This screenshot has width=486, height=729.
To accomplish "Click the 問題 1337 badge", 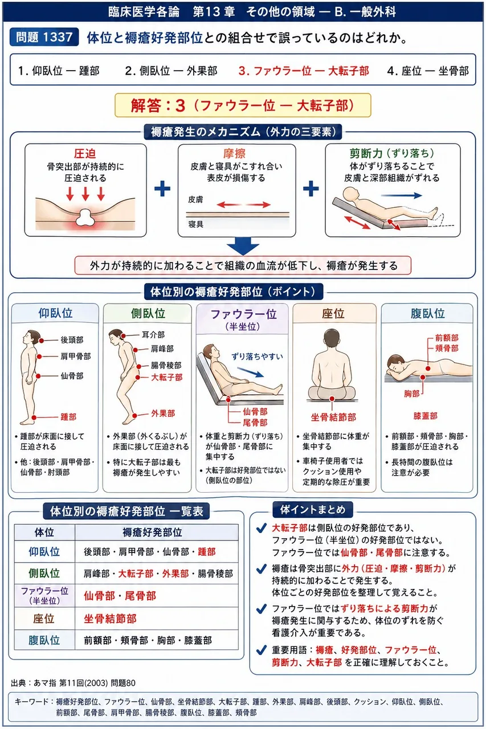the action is [x=44, y=37].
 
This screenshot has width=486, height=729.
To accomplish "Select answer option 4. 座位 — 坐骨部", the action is [x=428, y=71].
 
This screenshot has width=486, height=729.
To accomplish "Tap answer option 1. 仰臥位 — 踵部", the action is [x=59, y=71].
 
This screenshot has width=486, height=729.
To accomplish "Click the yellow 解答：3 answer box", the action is [x=243, y=105].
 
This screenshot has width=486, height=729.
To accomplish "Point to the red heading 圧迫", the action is [x=85, y=153].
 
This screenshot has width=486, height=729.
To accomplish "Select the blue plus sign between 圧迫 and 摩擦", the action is [x=162, y=189].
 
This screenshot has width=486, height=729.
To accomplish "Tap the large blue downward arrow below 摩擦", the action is [x=243, y=246].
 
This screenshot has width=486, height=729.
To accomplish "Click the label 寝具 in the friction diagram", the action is [x=195, y=224].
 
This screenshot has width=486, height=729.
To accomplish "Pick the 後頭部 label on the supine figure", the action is [x=72, y=340].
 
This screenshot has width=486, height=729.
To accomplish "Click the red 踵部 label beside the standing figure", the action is [x=68, y=417].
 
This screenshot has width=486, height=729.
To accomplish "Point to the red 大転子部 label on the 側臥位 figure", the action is [x=167, y=377].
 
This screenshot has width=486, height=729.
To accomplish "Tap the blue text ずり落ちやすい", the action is [x=257, y=357].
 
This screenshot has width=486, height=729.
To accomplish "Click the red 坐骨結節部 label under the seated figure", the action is [x=333, y=417].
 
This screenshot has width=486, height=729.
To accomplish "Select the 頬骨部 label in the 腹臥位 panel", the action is [x=447, y=348].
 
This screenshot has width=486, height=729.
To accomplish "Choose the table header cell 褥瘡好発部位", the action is [x=152, y=533].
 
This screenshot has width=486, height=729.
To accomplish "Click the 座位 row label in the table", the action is [x=44, y=619].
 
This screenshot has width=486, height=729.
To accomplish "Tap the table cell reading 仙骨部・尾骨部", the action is [x=120, y=596].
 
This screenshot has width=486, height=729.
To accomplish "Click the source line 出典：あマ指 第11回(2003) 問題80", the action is [x=73, y=683].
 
